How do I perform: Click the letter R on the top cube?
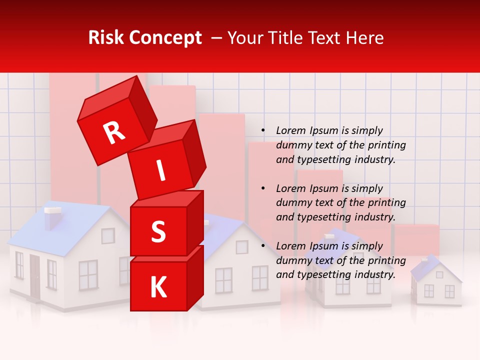coord(114,133)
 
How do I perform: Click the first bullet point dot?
coord(263,131)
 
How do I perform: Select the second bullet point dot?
coord(263,188)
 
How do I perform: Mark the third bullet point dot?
coord(263,246)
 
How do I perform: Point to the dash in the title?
coord(217,38)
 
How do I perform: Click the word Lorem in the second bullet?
coord(290,188)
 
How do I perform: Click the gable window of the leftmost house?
coord(108,235)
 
